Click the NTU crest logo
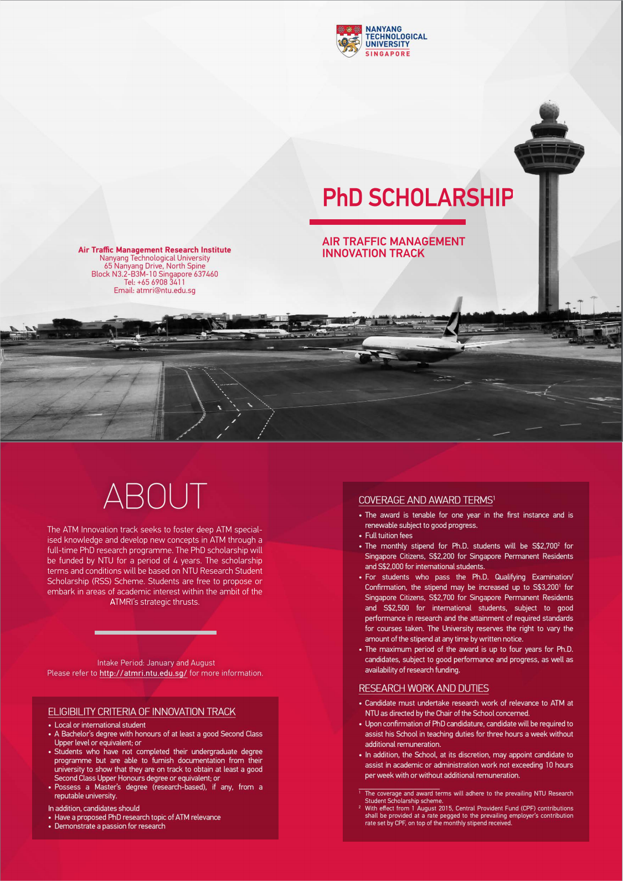click(x=349, y=40)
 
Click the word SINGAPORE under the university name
click(x=388, y=54)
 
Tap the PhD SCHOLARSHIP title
click(x=418, y=198)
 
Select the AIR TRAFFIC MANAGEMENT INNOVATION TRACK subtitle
click(x=393, y=248)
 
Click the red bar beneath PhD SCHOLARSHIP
click(x=387, y=222)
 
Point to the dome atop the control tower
click(x=549, y=111)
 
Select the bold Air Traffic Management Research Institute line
click(x=155, y=250)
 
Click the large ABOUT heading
click(x=155, y=496)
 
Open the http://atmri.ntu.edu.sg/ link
click(x=143, y=673)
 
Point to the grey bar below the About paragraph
click(x=155, y=632)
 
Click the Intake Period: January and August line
click(x=156, y=663)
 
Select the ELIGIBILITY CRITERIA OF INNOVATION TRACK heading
click(x=142, y=712)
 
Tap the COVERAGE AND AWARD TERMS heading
click(x=425, y=500)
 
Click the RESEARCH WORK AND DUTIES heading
click(x=424, y=688)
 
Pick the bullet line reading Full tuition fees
click(x=389, y=535)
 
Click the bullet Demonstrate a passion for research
click(x=110, y=826)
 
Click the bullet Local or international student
click(x=100, y=725)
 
